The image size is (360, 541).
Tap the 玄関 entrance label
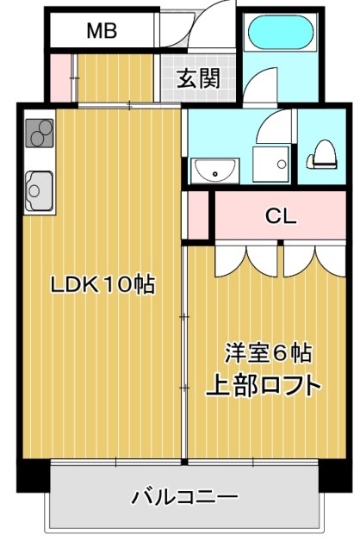pos(198,78)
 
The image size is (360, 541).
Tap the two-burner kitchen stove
pos(40,134)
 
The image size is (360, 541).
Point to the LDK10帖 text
pos(102,285)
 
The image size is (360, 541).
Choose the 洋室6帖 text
pos(268,353)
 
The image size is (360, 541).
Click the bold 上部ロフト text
pos(263,384)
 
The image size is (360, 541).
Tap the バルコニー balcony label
pos(184,497)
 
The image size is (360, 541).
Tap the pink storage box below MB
pos(60,78)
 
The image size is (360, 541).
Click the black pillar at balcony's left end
pos(33,475)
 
